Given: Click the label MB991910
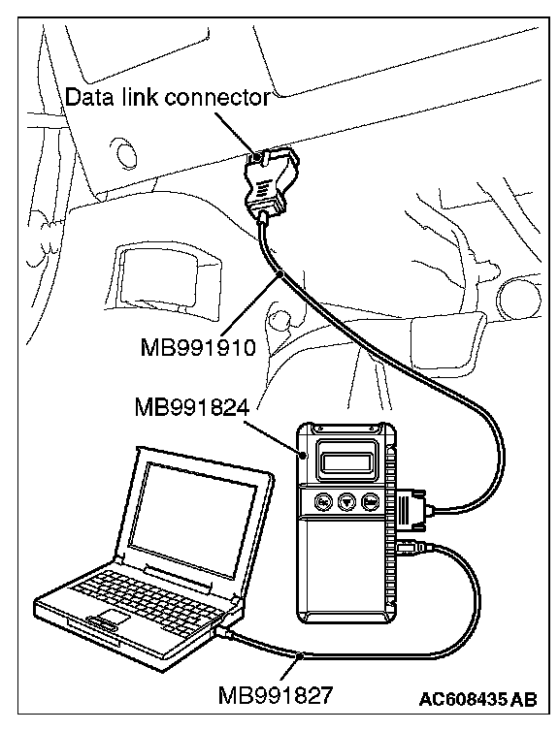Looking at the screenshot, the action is [x=198, y=347].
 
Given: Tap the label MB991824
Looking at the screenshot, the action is [x=192, y=408].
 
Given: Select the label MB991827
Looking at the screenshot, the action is [x=276, y=696].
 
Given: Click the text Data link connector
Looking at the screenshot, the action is [x=167, y=98].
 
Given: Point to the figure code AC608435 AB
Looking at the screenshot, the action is [x=477, y=699].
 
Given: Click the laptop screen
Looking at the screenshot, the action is [x=192, y=518].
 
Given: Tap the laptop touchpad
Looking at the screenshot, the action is [x=110, y=617].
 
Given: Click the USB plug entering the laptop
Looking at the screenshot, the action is [x=226, y=633].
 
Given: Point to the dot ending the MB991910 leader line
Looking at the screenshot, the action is [x=280, y=273].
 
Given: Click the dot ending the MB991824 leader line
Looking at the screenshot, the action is [x=304, y=455].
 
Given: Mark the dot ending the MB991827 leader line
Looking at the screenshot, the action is [x=302, y=656].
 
